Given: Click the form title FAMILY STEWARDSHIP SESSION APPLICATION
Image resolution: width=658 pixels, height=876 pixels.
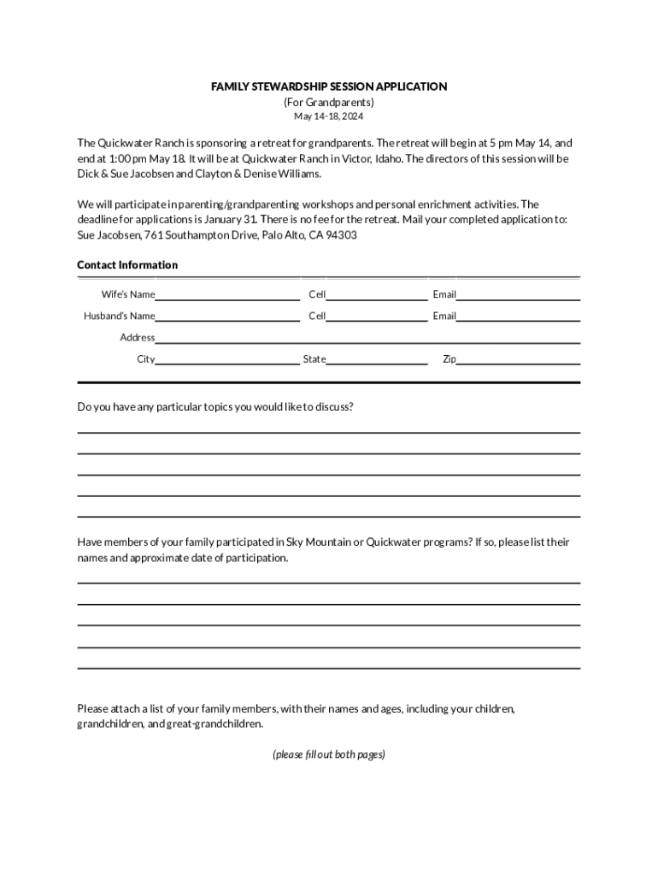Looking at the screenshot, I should click(329, 86).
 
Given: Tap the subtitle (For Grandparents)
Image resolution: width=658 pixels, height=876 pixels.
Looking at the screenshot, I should click(329, 102).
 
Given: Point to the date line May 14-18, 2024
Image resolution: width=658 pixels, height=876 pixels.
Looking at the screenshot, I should click(329, 116).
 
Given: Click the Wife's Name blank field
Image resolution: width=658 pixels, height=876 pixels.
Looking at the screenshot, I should click(227, 295).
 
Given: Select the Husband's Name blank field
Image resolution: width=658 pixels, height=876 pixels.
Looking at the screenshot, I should click(227, 317).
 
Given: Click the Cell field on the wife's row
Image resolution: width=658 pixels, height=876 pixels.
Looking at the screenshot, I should click(377, 295).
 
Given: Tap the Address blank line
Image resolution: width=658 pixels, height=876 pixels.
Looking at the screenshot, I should click(367, 338).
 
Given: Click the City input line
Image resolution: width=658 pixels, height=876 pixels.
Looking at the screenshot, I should click(227, 359).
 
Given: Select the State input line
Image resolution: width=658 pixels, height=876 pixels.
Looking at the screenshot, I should click(377, 359).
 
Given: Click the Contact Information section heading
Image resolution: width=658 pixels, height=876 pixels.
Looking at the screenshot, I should click(127, 265).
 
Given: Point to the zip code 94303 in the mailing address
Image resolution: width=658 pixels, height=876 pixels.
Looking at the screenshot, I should click(341, 234).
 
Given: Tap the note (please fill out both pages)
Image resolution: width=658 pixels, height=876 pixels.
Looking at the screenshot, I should click(329, 755).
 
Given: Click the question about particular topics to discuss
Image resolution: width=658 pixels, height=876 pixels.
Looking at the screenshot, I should click(215, 406).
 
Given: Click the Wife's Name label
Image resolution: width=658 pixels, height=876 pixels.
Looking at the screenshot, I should click(128, 295).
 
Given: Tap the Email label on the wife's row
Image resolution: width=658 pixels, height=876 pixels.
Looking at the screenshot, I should click(444, 295).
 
